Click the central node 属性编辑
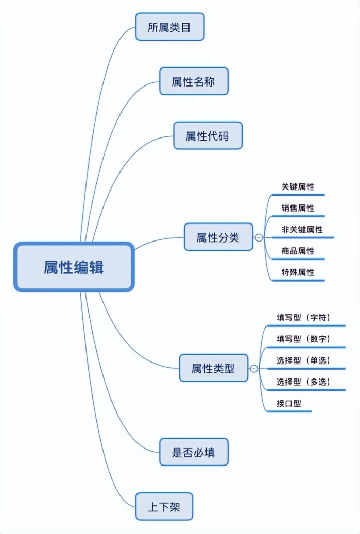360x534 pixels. [74, 267]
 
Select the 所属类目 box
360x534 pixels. [169, 27]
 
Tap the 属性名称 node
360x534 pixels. [193, 81]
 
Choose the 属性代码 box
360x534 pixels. [207, 136]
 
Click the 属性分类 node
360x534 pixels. [218, 237]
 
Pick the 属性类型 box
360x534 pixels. [213, 368]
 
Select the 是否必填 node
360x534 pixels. [193, 452]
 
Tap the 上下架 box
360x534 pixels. [164, 507]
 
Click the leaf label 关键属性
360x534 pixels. [298, 187]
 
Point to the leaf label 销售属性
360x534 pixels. [298, 208]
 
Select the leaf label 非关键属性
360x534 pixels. [302, 230]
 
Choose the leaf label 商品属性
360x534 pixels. [298, 251]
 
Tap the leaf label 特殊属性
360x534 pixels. [298, 272]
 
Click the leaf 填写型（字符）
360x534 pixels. [303, 317]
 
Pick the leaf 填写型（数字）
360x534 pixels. [303, 339]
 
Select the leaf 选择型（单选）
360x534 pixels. [303, 360]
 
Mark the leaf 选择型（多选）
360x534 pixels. [303, 382]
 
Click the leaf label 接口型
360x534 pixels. [288, 403]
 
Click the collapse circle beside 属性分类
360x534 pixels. [259, 238]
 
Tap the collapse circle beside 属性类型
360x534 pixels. [253, 369]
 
